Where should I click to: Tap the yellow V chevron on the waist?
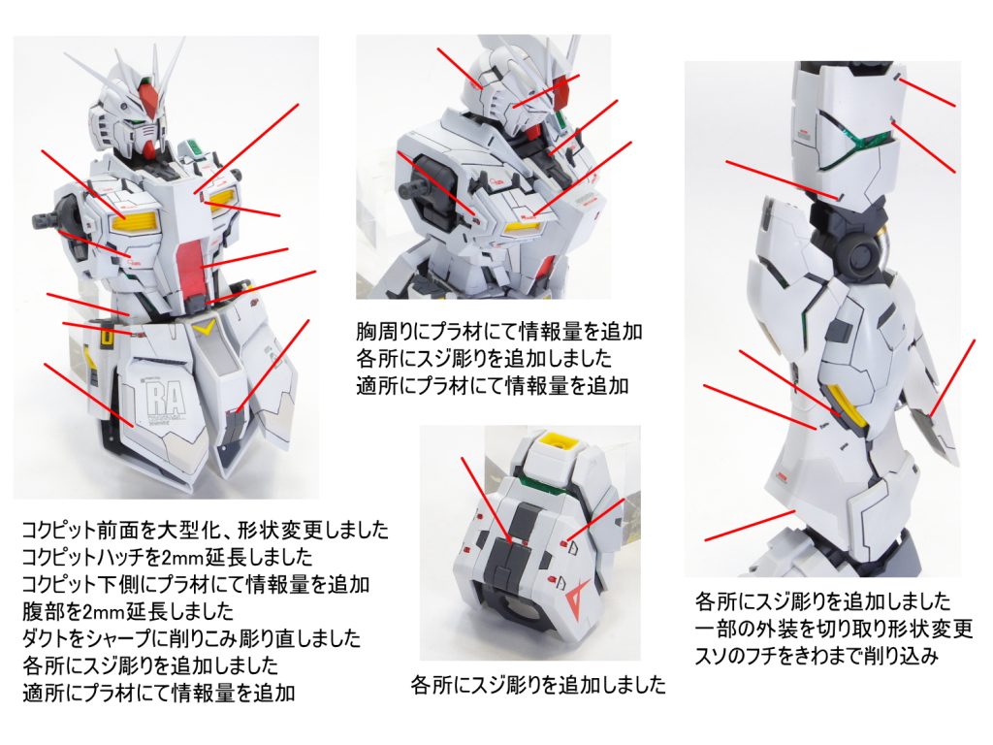pos(205,330)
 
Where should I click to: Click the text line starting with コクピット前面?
pos(205,531)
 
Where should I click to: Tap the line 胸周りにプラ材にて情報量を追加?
pos(499,332)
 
